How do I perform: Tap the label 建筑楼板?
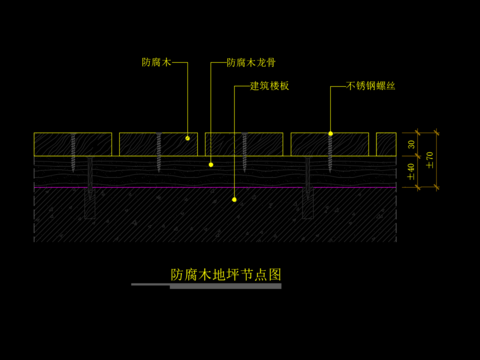point(269,86)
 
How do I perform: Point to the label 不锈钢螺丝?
point(370,86)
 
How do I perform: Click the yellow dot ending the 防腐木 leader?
point(187,136)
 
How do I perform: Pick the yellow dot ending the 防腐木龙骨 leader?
point(210,163)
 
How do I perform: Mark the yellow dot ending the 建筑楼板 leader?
point(234,200)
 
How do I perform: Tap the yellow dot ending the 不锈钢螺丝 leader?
point(331,133)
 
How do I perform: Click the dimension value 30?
point(411,144)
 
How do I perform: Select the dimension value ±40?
point(411,170)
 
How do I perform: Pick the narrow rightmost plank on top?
point(385,144)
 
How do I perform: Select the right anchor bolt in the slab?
point(308,196)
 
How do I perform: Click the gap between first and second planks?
point(116,144)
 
